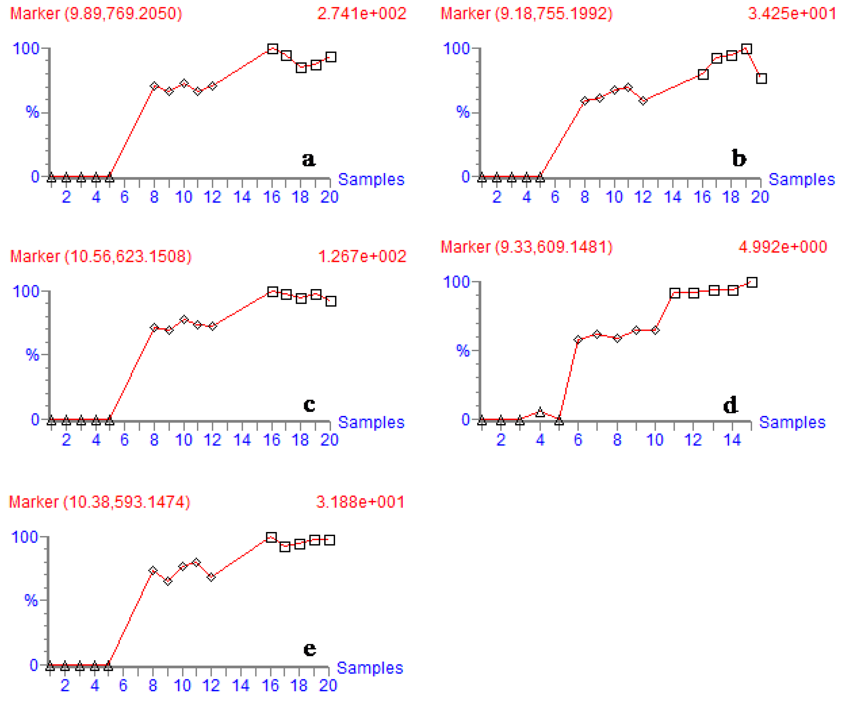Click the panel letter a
pos(308,159)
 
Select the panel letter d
pos(730,405)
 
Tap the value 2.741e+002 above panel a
pos(361,14)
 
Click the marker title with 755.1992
pos(526,14)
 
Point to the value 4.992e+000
pos(782,247)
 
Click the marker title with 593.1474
pos(99,502)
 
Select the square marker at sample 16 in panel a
pos(272,49)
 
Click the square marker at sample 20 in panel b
pos(761,78)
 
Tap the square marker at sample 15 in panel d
pos(752,282)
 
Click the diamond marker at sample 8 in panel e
pos(152,570)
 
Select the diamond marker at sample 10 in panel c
pos(184,319)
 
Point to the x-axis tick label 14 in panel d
pos(732,440)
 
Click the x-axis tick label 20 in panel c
pos(329,440)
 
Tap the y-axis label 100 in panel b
pos(456,49)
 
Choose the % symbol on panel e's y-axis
pos(31,601)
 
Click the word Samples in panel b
pos(801,179)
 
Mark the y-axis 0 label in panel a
pos(35,176)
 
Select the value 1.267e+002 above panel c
pos(362,256)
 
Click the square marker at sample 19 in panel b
pos(746,49)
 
